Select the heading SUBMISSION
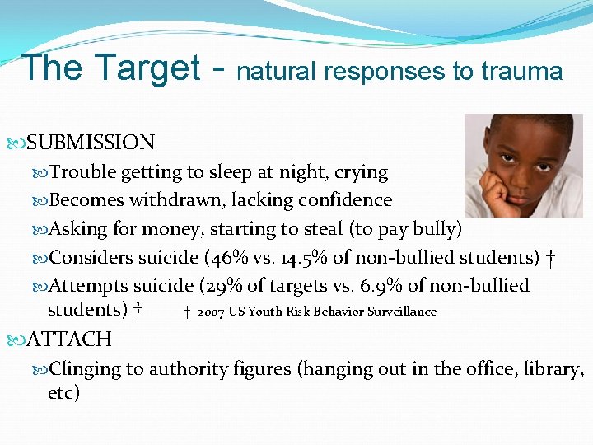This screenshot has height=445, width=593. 91,143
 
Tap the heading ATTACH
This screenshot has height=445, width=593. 69,339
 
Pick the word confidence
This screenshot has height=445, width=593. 353,200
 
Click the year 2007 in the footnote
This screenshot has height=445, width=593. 211,311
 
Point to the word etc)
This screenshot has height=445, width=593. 64,393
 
